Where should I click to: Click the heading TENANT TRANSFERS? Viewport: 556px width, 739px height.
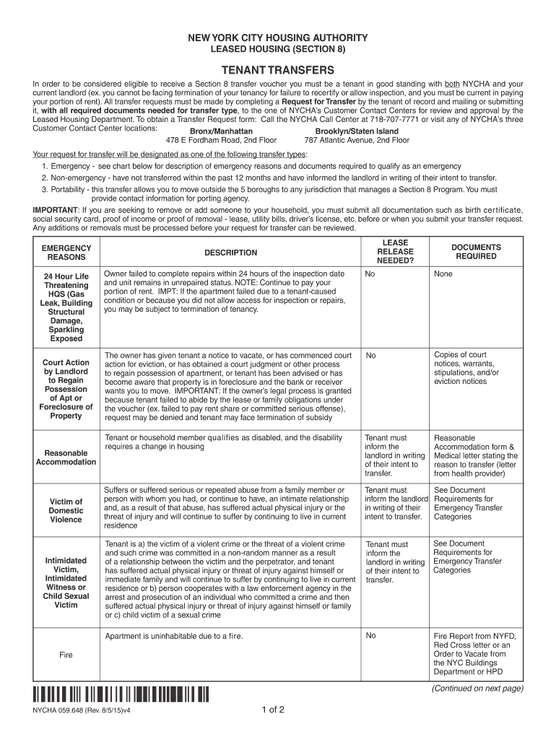click(x=278, y=70)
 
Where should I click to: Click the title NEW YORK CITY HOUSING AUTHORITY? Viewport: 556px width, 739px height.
click(x=278, y=38)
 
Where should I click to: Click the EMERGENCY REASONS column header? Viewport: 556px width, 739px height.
click(x=66, y=253)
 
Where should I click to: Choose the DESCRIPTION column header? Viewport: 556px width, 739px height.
click(x=230, y=253)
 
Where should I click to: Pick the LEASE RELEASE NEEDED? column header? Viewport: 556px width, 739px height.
click(x=394, y=252)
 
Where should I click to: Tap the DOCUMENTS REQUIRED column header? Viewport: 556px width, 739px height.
click(x=476, y=252)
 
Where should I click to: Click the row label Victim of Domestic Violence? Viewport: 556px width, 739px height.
click(x=66, y=510)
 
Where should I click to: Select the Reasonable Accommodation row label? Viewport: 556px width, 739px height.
click(x=66, y=458)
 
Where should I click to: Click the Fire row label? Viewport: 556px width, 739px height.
click(x=66, y=655)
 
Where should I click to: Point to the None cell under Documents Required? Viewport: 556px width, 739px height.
click(x=443, y=274)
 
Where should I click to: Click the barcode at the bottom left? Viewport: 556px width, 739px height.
click(x=121, y=695)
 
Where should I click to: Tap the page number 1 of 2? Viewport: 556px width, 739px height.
click(x=273, y=710)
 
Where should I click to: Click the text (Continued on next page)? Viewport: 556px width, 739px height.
click(x=477, y=688)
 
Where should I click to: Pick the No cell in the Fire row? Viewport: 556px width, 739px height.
click(x=370, y=636)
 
